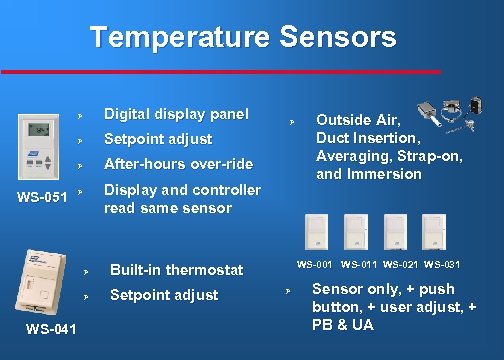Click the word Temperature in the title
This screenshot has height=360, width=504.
pyautogui.click(x=178, y=38)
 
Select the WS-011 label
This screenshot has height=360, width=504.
pyautogui.click(x=358, y=264)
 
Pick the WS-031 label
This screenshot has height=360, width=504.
pyautogui.click(x=442, y=264)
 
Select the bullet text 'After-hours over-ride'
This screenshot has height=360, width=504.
pyautogui.click(x=178, y=163)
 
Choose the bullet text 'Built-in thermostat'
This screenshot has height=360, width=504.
pyautogui.click(x=176, y=270)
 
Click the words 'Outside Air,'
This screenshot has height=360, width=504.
pyautogui.click(x=357, y=119)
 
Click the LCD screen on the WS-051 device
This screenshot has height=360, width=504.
pyautogui.click(x=37, y=130)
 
